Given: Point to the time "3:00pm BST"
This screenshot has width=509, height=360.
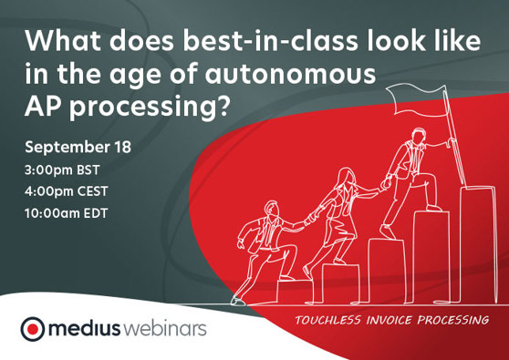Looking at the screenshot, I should click(65, 170).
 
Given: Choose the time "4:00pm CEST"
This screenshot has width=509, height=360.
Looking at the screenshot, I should click(69, 192).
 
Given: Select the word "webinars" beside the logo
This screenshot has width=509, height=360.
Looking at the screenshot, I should click(168, 328).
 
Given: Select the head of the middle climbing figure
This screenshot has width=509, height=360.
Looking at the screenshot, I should click(346, 175).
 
